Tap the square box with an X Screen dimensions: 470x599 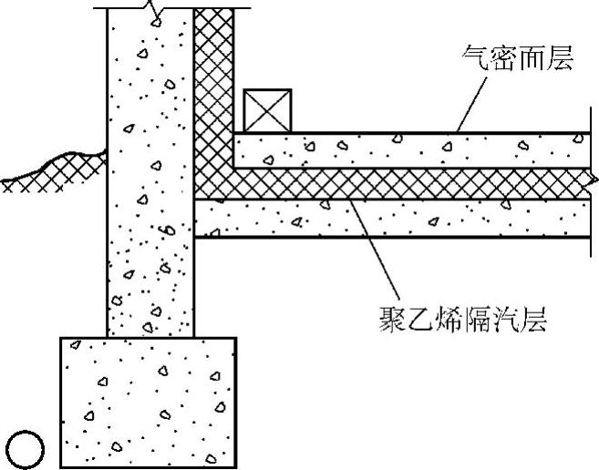coord(267,112)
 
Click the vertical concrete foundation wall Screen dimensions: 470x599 coord(150,182)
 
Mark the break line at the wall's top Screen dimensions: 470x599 coord(156,11)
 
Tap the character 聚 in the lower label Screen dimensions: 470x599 coord(392,320)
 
